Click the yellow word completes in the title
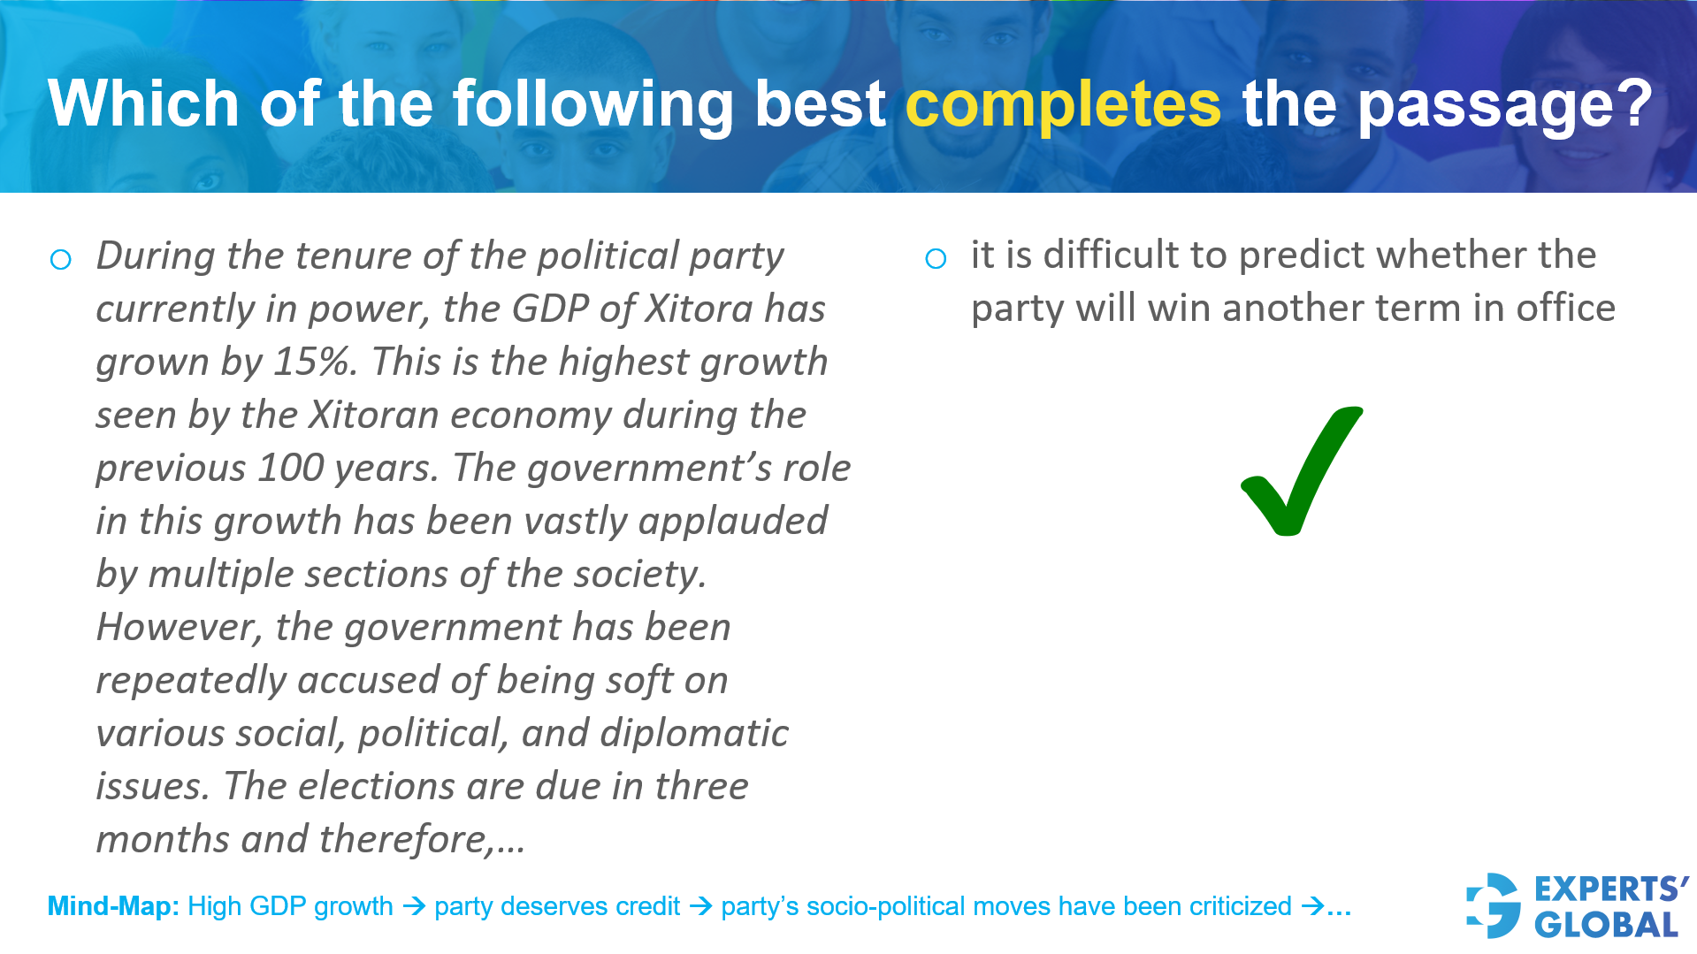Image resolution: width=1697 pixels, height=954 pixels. click(x=1063, y=104)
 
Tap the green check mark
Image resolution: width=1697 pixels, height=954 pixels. click(x=1302, y=471)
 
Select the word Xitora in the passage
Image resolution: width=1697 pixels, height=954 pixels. click(x=699, y=309)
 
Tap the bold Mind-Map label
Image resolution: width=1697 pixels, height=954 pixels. click(x=113, y=906)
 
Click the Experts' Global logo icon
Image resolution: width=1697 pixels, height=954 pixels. click(x=1494, y=905)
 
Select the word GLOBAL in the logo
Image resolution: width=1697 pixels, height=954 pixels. click(x=1606, y=925)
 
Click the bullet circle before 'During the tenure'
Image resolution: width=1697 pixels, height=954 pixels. click(x=61, y=260)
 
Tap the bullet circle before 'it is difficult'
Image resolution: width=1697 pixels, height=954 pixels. click(x=936, y=259)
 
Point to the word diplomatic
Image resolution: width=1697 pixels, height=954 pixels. click(x=694, y=734)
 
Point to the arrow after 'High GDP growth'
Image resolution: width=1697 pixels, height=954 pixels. click(x=414, y=906)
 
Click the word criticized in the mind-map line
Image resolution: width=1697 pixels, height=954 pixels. click(x=1241, y=906)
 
